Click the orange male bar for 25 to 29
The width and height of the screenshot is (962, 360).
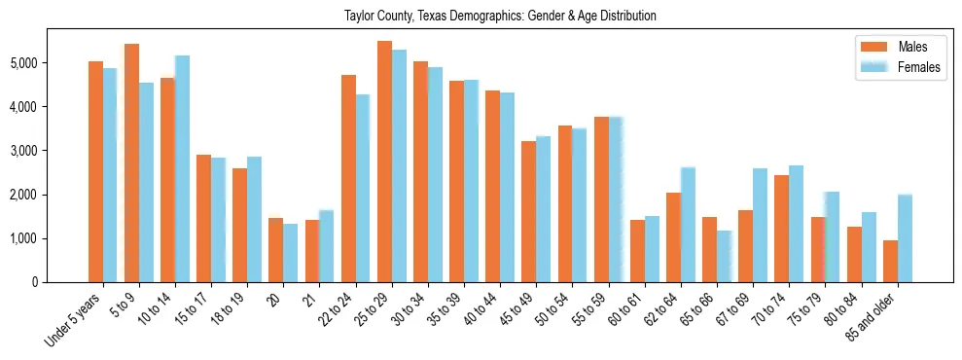(x=384, y=162)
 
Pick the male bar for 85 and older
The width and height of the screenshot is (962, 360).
(x=890, y=261)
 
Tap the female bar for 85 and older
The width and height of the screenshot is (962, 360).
(x=905, y=238)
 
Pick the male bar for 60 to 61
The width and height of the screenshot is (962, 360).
(x=637, y=251)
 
